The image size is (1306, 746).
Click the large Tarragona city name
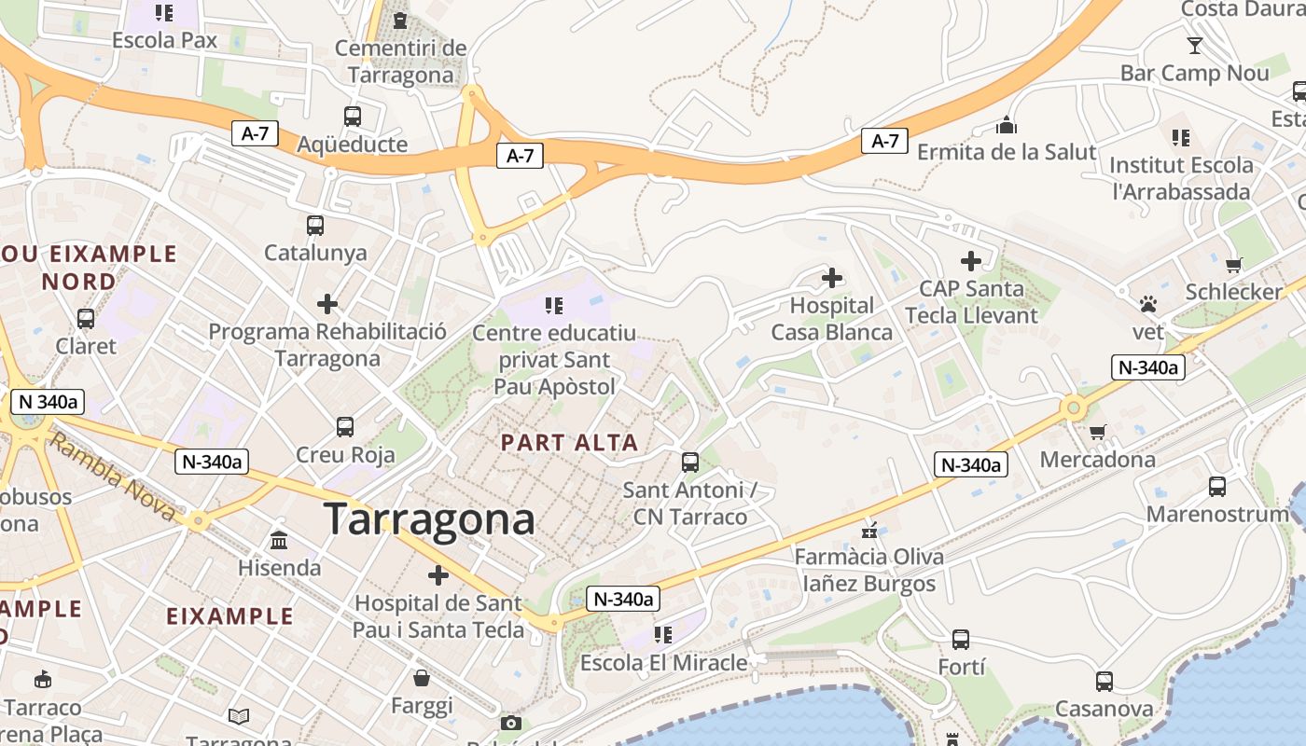[x=429, y=519]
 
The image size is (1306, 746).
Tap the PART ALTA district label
[x=570, y=443]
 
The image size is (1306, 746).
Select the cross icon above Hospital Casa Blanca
[x=831, y=278]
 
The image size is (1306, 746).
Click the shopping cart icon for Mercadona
[x=1097, y=432]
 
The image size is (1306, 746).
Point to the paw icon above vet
[x=1148, y=304]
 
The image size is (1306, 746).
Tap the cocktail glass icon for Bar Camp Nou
[x=1194, y=45]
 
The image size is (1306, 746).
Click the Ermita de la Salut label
[x=1007, y=151]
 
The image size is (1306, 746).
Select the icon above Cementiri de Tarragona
[x=400, y=20]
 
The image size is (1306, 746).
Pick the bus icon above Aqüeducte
[x=352, y=117]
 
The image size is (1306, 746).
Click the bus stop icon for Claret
[x=86, y=319]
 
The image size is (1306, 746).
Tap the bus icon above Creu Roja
[x=345, y=427]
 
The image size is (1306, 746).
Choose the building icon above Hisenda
[x=279, y=540]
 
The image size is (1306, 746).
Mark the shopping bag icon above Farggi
[x=422, y=678]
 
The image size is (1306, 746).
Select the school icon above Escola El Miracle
[x=663, y=635]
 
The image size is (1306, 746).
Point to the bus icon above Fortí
[x=961, y=640]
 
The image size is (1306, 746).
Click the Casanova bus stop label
[x=1104, y=709]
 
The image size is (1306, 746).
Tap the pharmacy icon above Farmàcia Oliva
[x=869, y=531]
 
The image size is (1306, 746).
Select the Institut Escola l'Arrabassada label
[x=1181, y=179]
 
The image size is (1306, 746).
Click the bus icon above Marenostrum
[x=1217, y=487]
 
